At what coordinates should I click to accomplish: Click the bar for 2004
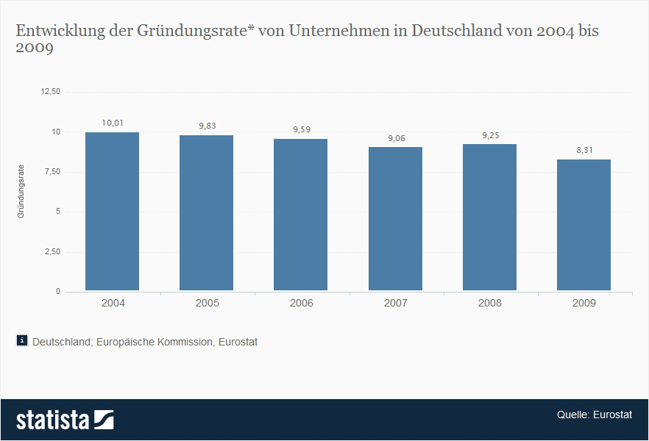[112, 212]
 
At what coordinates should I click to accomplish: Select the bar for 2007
[395, 219]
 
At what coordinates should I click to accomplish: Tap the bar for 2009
[584, 225]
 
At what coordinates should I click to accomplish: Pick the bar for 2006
[300, 215]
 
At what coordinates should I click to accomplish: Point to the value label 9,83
[207, 126]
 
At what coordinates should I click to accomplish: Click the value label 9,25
[489, 135]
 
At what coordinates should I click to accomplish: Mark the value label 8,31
[584, 150]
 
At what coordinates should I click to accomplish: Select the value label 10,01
[112, 123]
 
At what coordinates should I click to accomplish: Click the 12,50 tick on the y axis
[50, 92]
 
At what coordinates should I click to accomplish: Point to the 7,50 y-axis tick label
[52, 172]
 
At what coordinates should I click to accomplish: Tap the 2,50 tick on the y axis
[52, 252]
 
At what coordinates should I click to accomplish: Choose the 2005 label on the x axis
[207, 303]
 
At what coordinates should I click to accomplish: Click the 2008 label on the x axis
[489, 303]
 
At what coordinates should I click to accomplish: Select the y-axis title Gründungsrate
[21, 192]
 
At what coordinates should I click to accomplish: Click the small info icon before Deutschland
[22, 340]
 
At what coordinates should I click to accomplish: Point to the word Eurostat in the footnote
[238, 342]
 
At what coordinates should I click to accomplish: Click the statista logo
[65, 420]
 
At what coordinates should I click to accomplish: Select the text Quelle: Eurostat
[594, 415]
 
